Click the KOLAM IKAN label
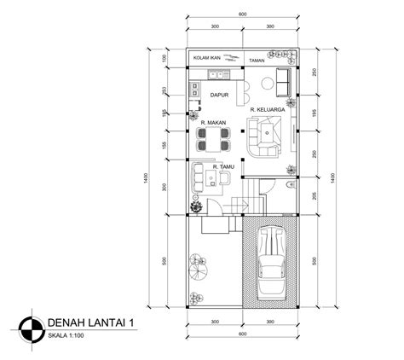click(207, 58)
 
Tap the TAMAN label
click(257, 60)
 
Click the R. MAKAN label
click(212, 123)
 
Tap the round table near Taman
click(267, 83)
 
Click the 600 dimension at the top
click(243, 15)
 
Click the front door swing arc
click(198, 206)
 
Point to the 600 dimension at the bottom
click(243, 333)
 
